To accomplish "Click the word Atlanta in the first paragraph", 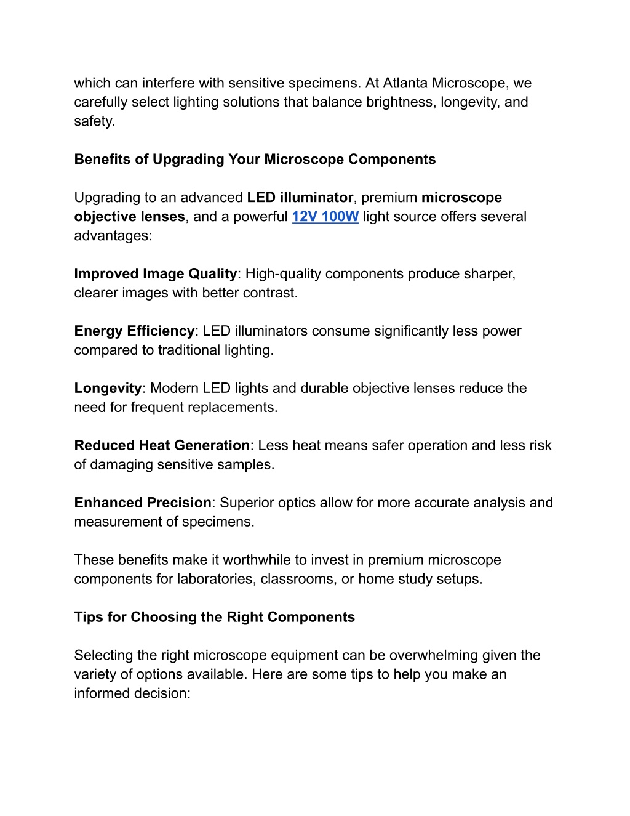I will (x=405, y=83).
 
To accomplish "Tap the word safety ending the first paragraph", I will (x=93, y=121).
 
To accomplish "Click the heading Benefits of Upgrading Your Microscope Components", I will (x=255, y=160).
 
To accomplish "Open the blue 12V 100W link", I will (x=325, y=217).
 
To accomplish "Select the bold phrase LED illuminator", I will (x=300, y=198).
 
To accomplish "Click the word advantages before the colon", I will (x=111, y=236).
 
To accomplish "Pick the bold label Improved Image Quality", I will (x=155, y=274).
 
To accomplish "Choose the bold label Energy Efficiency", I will (x=134, y=331).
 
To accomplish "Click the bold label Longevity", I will (x=108, y=389).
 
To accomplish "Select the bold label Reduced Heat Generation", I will (x=162, y=446).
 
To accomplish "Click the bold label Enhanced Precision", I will (x=143, y=503).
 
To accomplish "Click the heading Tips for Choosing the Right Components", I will (x=214, y=618).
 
